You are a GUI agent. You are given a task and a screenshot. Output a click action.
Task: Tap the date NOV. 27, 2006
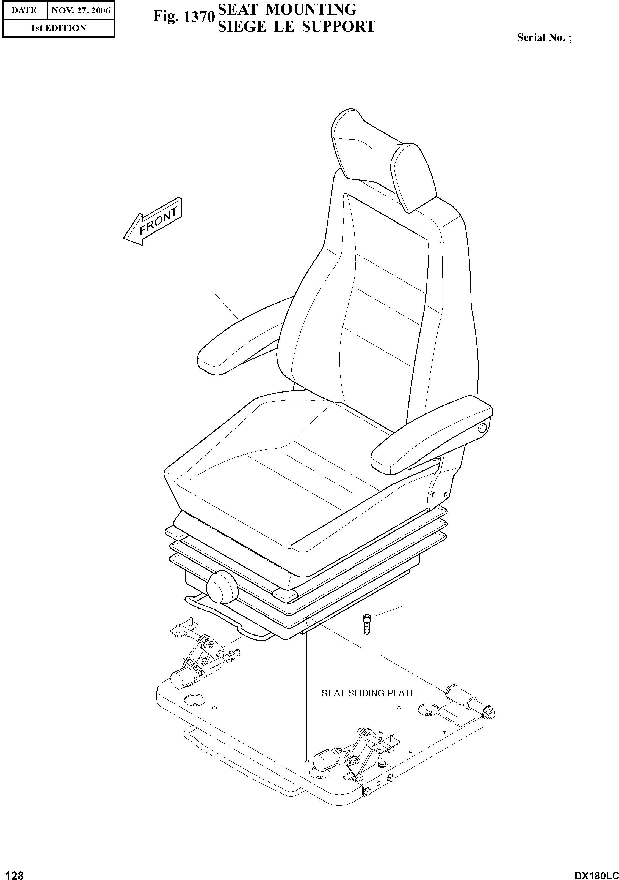pos(81,10)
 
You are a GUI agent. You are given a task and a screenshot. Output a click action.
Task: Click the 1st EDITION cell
pos(58,28)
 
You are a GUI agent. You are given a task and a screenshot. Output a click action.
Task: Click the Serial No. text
pos(544,37)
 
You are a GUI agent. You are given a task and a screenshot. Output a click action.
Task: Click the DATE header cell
pos(24,10)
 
